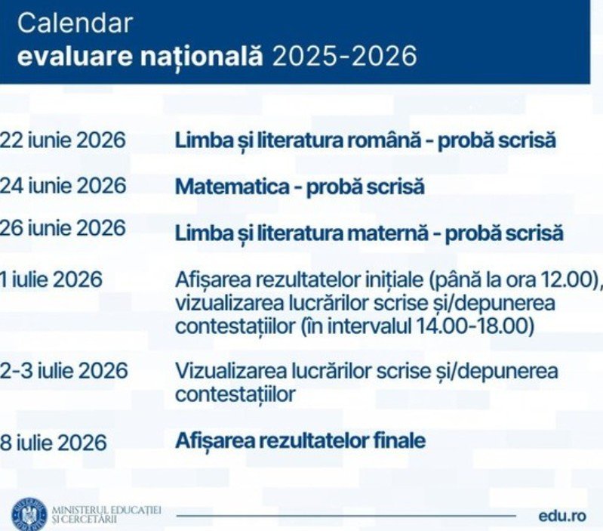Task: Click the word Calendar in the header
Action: pos(75,23)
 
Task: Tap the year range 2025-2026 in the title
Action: pos(345,57)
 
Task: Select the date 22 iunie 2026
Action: pos(63,140)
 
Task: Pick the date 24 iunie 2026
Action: pos(63,186)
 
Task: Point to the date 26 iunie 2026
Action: pos(63,228)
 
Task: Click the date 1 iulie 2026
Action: pos(51,279)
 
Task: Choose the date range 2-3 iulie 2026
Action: pos(63,371)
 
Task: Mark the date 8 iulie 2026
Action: pos(53,443)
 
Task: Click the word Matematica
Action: pos(232,187)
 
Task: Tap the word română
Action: pos(385,140)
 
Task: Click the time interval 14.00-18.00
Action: pos(472,326)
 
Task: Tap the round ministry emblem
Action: pos(29,514)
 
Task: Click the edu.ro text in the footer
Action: pos(562,516)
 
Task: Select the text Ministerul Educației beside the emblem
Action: pos(106,511)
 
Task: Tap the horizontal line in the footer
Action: pos(346,516)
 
